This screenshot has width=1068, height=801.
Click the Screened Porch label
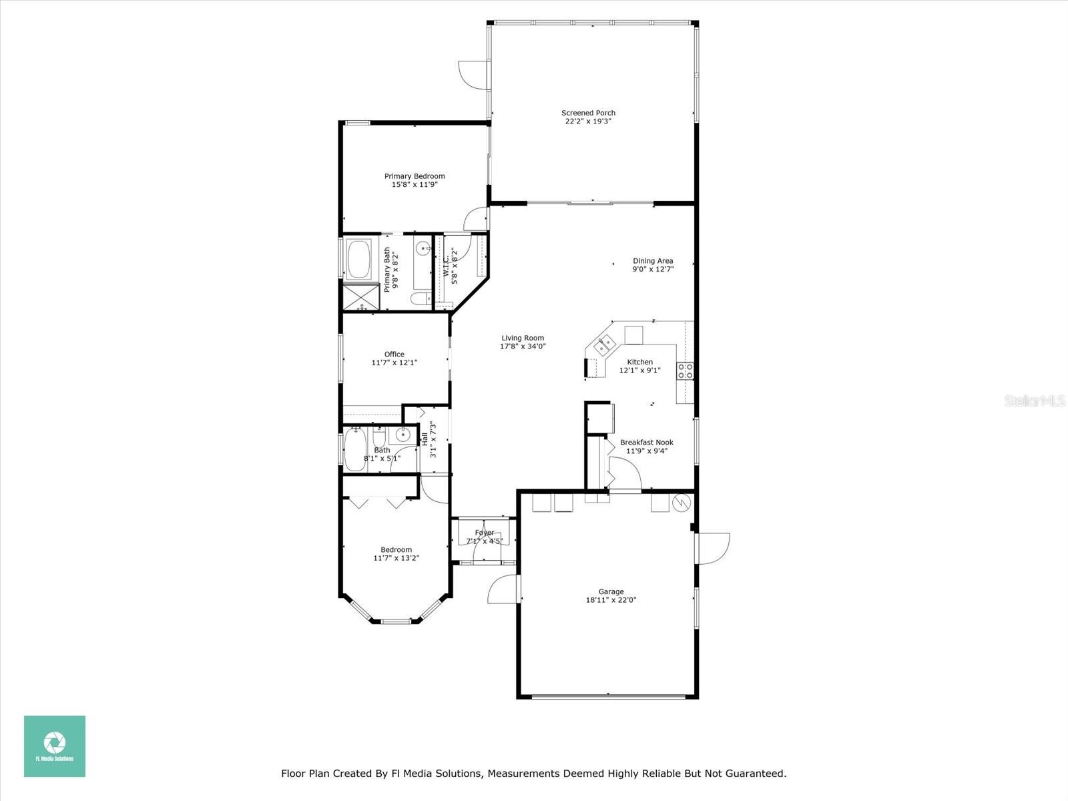pos(588,113)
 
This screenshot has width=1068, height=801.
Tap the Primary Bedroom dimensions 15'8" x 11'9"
pos(415,185)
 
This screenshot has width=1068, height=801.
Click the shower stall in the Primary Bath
pos(360,297)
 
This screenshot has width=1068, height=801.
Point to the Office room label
pos(394,354)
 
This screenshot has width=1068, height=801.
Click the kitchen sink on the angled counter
pos(605,345)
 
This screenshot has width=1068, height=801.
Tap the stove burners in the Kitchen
pos(686,371)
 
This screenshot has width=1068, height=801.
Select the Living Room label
pos(523,338)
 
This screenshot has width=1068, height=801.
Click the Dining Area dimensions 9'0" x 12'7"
pos(653,269)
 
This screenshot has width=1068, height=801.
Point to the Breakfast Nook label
pos(646,442)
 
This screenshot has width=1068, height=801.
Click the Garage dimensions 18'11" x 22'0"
pos(611,600)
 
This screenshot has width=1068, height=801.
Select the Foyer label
pos(484,533)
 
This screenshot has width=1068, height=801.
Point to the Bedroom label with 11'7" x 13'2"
pos(396,549)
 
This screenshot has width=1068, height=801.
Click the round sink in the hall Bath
pos(403,435)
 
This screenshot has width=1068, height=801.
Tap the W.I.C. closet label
pos(446,266)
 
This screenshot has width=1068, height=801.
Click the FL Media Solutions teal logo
pos(55,746)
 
